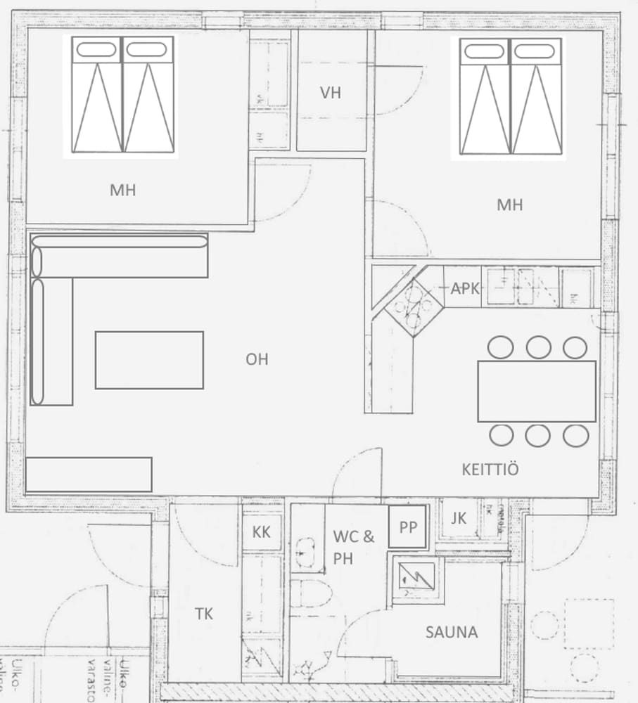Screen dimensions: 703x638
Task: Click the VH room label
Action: point(330,93)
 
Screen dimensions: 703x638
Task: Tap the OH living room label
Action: point(257,359)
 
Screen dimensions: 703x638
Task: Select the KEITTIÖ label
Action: point(490,469)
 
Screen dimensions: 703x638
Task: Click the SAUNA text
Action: point(452,632)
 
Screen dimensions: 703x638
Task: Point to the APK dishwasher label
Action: point(465,289)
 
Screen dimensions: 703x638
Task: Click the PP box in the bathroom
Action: point(408,527)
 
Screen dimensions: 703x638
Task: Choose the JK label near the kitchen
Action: point(459,519)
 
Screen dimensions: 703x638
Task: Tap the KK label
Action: point(261,531)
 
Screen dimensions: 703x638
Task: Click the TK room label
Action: point(204,614)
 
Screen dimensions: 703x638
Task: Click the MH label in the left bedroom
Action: point(122,190)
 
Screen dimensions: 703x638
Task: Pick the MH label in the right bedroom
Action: point(510,205)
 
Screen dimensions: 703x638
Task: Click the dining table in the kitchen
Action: point(537,391)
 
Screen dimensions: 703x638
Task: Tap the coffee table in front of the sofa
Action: point(149,360)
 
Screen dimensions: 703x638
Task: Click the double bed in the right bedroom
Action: point(510,96)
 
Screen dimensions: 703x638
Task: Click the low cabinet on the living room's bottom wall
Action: point(89,475)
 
